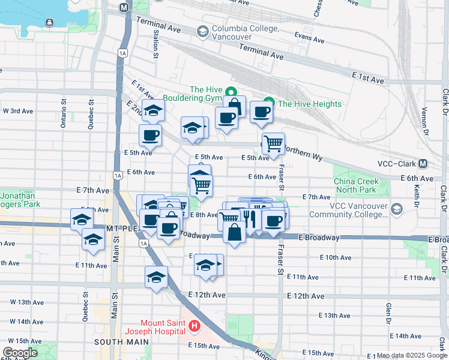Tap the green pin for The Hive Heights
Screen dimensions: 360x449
click(x=269, y=104)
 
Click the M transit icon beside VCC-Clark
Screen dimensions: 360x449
click(x=423, y=164)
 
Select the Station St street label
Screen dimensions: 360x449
click(x=155, y=46)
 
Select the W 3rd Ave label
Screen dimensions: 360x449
click(x=17, y=111)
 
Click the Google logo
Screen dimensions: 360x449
click(x=20, y=352)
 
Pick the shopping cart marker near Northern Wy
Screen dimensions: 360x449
click(x=273, y=143)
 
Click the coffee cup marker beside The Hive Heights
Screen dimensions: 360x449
click(x=261, y=112)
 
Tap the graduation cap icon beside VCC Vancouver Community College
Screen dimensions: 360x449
click(x=396, y=209)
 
